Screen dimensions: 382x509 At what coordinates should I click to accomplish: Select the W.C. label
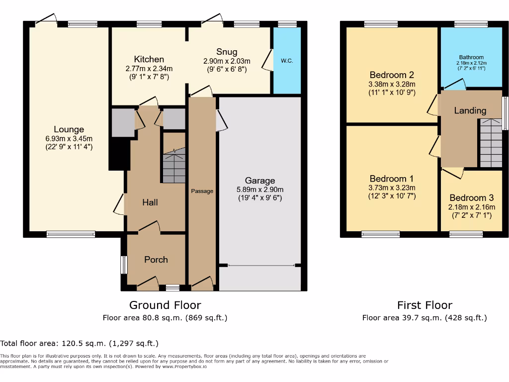(287, 61)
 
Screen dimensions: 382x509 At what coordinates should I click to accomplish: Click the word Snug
(227, 52)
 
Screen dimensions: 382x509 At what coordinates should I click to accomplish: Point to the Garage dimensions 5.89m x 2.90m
(259, 190)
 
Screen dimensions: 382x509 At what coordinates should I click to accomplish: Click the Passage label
(202, 191)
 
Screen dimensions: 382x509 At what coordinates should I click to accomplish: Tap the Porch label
(156, 260)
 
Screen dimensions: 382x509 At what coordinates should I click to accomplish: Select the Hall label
(150, 202)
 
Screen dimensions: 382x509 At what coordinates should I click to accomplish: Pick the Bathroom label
(471, 57)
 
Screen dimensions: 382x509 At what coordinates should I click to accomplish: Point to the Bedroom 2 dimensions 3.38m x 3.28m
(392, 84)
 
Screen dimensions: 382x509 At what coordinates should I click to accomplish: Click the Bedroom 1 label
(391, 179)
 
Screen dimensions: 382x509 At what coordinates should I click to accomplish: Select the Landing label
(470, 110)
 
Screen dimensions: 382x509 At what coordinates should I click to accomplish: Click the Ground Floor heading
(165, 305)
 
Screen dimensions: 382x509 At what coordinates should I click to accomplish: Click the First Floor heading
(424, 305)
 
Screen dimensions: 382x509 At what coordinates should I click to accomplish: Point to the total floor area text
(80, 343)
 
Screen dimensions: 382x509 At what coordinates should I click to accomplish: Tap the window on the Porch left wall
(124, 265)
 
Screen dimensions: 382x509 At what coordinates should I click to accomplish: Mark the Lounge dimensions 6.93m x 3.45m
(69, 139)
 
